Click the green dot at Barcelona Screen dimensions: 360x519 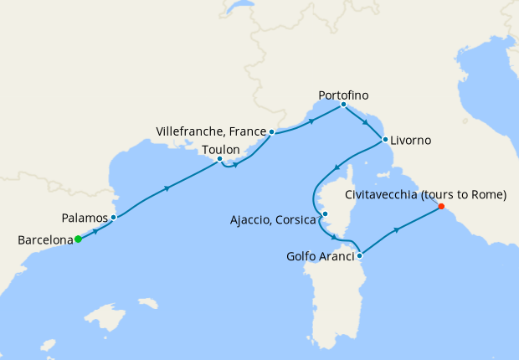[78, 239]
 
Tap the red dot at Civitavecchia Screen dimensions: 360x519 [441, 207]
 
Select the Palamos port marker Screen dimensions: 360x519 [113, 218]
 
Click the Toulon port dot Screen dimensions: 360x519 [219, 159]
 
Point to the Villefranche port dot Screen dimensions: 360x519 [272, 132]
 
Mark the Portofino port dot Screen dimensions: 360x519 [344, 105]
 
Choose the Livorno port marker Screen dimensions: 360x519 [385, 140]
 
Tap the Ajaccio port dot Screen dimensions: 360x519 [325, 213]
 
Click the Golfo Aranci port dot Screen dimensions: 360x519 [359, 255]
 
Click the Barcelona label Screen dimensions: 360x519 [44, 240]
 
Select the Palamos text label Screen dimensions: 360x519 [85, 218]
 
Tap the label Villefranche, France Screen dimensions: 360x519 [210, 132]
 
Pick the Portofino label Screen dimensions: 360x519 [344, 95]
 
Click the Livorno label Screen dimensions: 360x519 [411, 140]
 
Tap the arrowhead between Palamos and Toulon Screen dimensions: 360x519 [168, 188]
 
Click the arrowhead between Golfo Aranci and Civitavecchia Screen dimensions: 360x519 [396, 230]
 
